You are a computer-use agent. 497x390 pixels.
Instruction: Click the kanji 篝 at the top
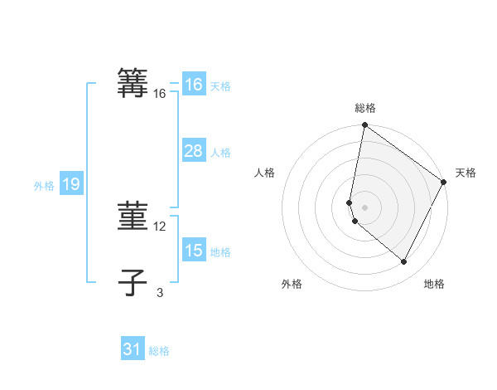[133, 84]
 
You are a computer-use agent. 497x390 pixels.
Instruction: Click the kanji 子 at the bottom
[133, 283]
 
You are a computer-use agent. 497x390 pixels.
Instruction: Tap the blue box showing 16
[193, 85]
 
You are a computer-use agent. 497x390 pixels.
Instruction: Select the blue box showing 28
[193, 151]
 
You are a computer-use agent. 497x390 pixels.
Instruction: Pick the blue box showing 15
[193, 251]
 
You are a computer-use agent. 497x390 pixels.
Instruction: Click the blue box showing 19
[70, 184]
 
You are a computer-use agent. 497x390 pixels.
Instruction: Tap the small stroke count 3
[160, 292]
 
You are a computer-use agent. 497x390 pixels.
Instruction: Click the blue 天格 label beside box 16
[220, 86]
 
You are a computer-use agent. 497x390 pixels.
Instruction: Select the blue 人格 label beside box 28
[220, 153]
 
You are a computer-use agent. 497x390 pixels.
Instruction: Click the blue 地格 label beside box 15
[220, 252]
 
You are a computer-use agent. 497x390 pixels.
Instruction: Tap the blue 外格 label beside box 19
[44, 186]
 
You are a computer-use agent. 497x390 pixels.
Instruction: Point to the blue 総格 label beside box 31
[159, 351]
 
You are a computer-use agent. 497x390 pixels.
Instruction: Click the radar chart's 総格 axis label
[365, 108]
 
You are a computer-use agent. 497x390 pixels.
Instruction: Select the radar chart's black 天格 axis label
[466, 173]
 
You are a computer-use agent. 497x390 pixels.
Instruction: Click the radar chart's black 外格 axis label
[292, 284]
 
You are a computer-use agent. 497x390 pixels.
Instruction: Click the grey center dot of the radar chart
[365, 207]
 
